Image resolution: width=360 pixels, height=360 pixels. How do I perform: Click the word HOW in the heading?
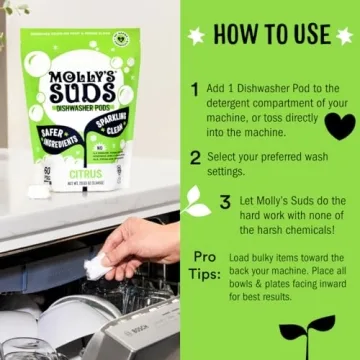[236, 34]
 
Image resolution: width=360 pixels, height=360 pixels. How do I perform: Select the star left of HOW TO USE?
[197, 35]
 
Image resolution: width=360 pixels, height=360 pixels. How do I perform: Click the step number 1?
[194, 89]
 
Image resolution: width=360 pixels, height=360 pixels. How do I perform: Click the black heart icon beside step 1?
[340, 125]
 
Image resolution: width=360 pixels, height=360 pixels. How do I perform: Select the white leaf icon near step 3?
[198, 209]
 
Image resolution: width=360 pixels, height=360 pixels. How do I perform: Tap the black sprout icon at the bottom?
[307, 331]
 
